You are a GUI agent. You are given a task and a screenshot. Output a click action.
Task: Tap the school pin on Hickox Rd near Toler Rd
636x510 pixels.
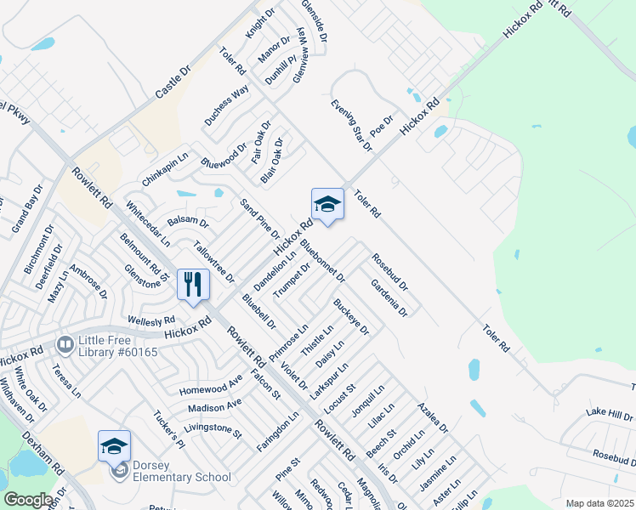327,205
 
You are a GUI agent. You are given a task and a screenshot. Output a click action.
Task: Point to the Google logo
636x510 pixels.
28,500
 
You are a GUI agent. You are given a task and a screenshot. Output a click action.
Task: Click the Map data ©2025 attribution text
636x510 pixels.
599,503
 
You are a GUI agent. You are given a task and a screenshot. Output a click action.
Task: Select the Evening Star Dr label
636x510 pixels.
353,125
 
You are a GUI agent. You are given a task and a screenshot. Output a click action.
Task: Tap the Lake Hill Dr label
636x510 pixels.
610,414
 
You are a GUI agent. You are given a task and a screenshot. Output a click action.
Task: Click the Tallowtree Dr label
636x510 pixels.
213,263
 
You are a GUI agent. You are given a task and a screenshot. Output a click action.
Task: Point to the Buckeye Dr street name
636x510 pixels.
351,316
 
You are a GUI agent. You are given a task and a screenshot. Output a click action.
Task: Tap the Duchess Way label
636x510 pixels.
226,106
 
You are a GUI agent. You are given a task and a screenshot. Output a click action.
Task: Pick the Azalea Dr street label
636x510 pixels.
432,416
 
